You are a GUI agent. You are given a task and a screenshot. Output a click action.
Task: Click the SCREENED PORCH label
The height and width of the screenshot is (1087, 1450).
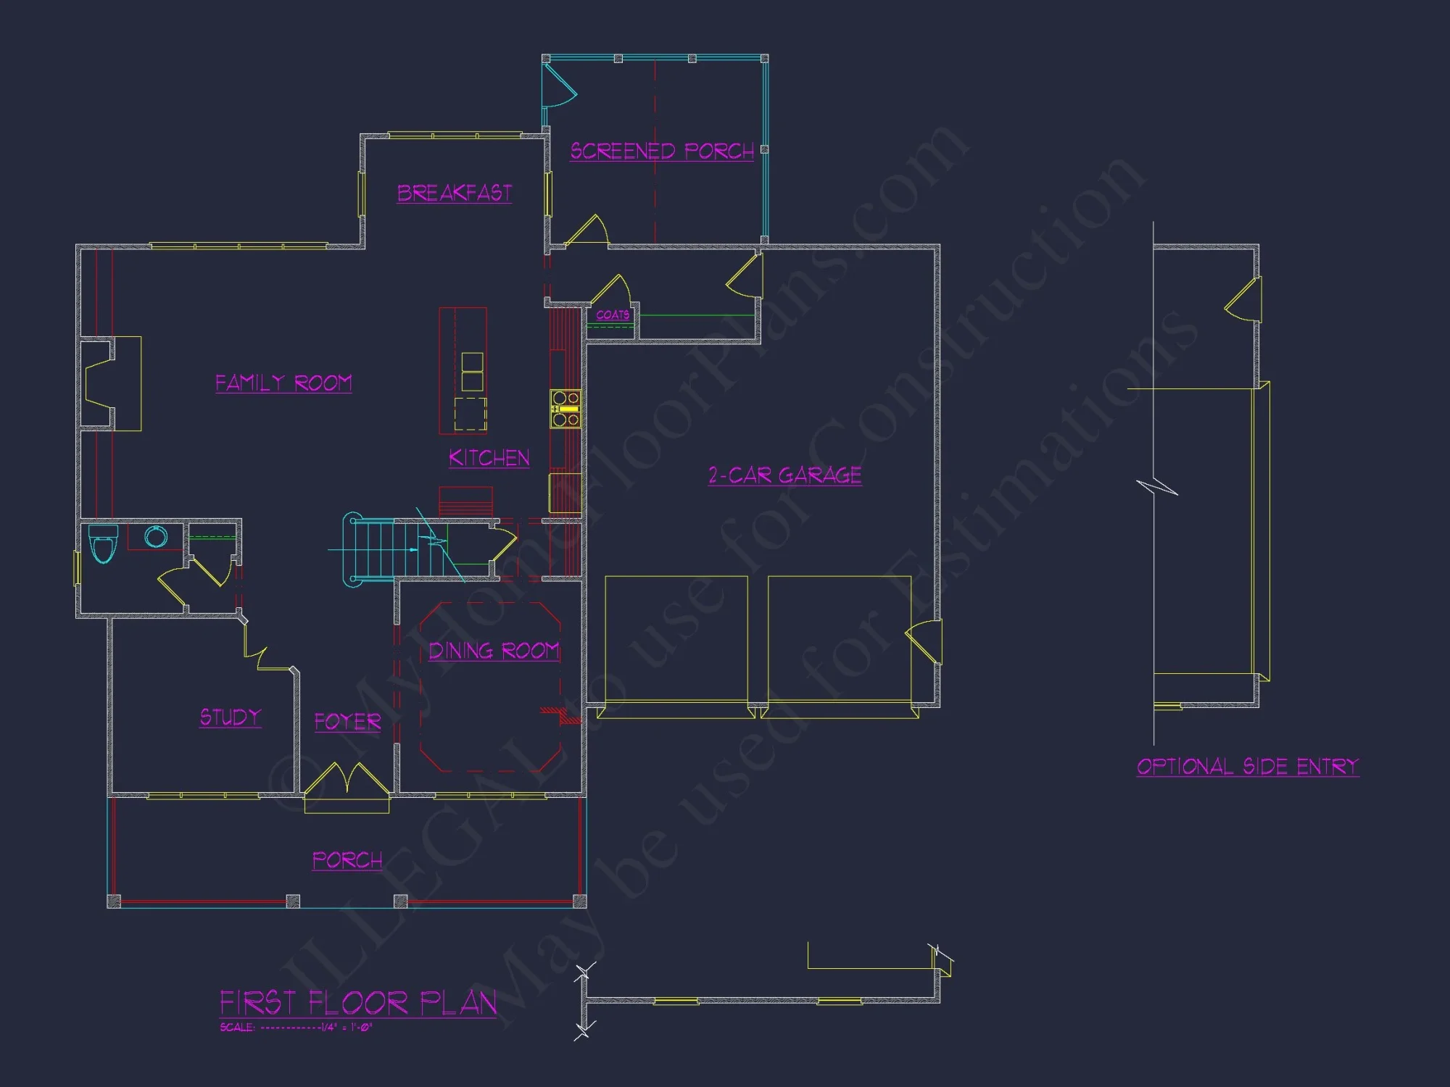[661, 151]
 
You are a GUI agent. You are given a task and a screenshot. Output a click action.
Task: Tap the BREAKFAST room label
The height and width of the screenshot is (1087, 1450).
[455, 193]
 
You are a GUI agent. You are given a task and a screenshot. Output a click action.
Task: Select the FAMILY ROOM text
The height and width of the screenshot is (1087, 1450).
[283, 383]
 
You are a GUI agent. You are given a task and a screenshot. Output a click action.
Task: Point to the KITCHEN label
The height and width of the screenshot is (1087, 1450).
[489, 458]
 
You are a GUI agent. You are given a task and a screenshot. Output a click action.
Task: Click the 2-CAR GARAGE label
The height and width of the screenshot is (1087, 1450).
[785, 475]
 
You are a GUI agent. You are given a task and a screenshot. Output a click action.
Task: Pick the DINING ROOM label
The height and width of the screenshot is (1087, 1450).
[494, 651]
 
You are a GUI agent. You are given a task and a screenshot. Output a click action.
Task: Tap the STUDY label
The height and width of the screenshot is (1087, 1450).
[231, 717]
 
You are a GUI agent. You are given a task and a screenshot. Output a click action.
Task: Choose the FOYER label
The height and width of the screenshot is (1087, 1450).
[347, 722]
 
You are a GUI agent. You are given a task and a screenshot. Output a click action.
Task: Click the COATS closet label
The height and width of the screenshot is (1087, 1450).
[613, 315]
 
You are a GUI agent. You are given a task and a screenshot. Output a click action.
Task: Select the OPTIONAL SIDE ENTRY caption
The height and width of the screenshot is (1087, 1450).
[1248, 767]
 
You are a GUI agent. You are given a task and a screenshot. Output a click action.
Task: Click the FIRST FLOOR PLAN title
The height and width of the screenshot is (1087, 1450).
[358, 1004]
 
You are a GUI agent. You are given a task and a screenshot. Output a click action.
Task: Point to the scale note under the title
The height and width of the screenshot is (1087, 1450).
[296, 1028]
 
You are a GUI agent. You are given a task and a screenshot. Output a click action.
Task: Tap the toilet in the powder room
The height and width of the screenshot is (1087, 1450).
[103, 543]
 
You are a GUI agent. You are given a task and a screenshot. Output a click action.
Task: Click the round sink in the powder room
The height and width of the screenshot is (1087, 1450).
[156, 537]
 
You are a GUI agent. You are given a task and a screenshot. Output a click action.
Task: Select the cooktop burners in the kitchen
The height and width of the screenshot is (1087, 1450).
[565, 409]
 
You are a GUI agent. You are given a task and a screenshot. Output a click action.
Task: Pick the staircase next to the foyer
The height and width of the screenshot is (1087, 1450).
[384, 549]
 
